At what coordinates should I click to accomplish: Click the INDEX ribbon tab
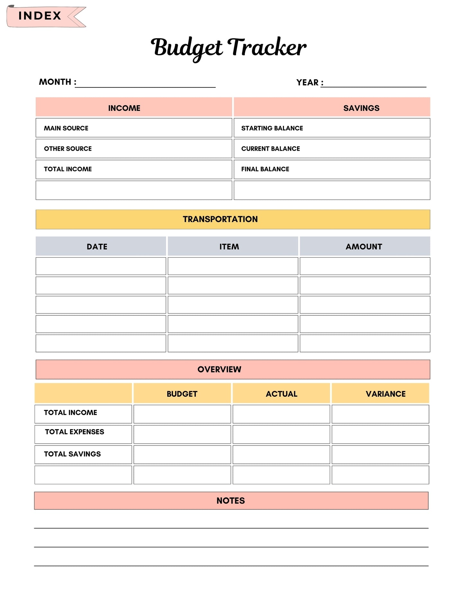[40, 16]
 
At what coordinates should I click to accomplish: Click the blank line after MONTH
[145, 84]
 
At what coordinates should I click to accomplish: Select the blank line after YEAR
[373, 84]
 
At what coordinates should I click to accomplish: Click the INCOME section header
[124, 108]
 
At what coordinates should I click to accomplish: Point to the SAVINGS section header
[361, 108]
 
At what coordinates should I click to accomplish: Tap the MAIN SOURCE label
[66, 128]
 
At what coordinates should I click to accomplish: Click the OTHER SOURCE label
[68, 149]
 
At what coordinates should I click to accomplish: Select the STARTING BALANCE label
[272, 128]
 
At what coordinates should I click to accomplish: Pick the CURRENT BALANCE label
[270, 149]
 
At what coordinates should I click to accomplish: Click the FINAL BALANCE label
[265, 169]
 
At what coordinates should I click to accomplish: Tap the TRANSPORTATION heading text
[220, 219]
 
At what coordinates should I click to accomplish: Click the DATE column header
[97, 247]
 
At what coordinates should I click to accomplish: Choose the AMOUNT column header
[364, 247]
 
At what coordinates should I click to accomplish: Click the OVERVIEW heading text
[219, 369]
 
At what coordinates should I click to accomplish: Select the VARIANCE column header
[385, 394]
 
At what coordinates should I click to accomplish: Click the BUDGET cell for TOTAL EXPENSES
[182, 434]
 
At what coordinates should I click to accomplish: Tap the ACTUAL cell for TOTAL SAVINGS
[281, 455]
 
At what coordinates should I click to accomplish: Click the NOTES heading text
[231, 500]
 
